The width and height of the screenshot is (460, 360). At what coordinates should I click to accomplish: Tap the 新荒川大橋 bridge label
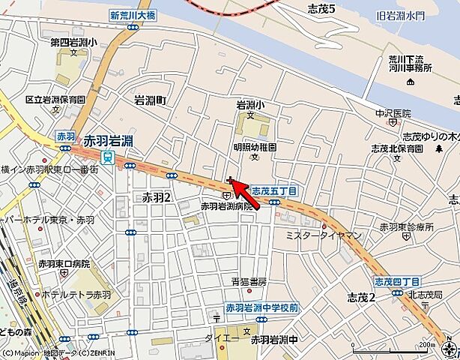[x=133, y=15]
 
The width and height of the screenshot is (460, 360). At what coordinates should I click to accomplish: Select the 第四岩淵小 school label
[x=73, y=43]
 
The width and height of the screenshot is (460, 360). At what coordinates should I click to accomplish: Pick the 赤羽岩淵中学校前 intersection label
[x=262, y=308]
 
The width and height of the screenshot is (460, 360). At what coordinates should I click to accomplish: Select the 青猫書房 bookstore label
[x=249, y=282]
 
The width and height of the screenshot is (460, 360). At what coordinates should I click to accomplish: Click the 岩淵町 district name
[x=154, y=100]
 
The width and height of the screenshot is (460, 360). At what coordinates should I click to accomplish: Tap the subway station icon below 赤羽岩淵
[x=108, y=157]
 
